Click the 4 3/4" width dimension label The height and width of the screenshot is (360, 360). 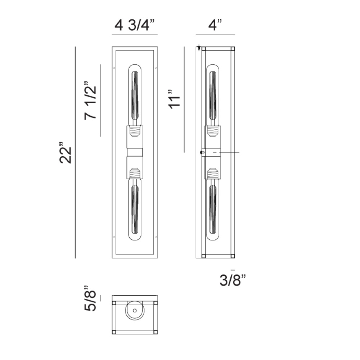click(x=135, y=25)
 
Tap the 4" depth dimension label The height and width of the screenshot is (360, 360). click(x=215, y=25)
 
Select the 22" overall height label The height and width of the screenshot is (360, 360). click(x=66, y=153)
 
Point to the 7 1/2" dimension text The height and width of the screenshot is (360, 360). click(x=90, y=100)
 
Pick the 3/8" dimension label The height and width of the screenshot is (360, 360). click(x=233, y=280)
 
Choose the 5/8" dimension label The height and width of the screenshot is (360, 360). click(x=90, y=298)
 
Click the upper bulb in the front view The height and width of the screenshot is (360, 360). click(x=135, y=95)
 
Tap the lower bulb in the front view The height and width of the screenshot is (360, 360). click(x=135, y=209)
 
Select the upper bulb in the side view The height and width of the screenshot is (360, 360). click(x=213, y=95)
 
